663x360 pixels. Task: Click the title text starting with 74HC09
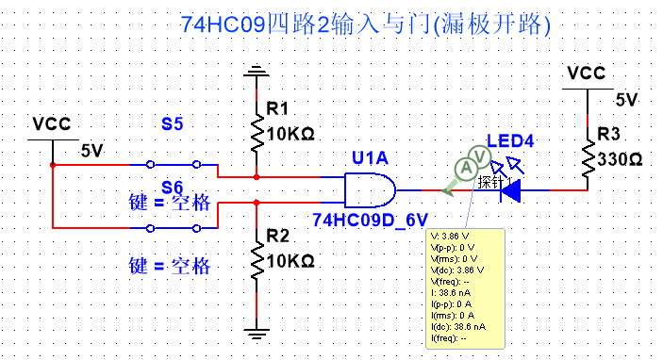(x=364, y=23)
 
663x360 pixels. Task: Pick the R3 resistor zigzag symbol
(x=588, y=159)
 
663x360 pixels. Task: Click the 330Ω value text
(x=620, y=160)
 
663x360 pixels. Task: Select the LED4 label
(x=510, y=141)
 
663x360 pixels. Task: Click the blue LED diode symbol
(x=510, y=190)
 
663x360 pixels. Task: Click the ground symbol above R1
(x=256, y=71)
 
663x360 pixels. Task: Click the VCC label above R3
(x=587, y=73)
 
